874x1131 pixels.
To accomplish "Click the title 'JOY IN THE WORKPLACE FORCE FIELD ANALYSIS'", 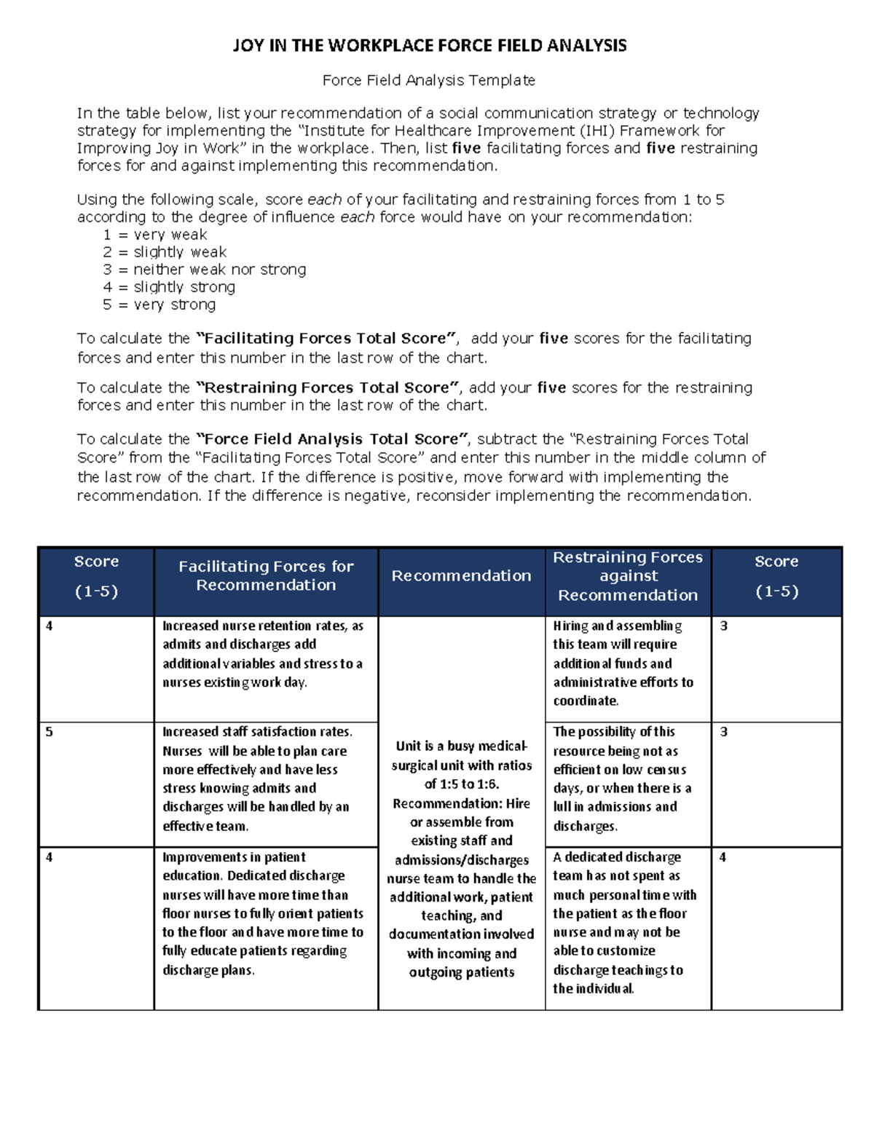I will pyautogui.click(x=429, y=46).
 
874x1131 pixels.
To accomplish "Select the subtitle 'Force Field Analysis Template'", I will pyautogui.click(x=428, y=80).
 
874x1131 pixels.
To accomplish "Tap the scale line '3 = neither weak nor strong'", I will pyautogui.click(x=204, y=269).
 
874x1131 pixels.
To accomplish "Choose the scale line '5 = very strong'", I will pyautogui.click(x=159, y=304).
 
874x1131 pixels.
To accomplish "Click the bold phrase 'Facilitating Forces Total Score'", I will pyautogui.click(x=327, y=339).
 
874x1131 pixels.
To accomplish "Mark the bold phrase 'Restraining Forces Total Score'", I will pyautogui.click(x=328, y=387).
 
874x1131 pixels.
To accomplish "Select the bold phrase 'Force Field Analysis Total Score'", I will pyautogui.click(x=333, y=439).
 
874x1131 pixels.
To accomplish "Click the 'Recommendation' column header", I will pyautogui.click(x=461, y=576).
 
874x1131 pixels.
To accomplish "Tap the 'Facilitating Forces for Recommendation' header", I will pyautogui.click(x=266, y=575).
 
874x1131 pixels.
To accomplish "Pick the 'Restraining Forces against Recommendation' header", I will pyautogui.click(x=628, y=576).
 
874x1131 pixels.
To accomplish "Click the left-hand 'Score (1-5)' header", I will pyautogui.click(x=96, y=576).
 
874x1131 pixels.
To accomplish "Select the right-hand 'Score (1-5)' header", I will pyautogui.click(x=776, y=576).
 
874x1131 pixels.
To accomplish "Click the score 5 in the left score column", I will pyautogui.click(x=50, y=732).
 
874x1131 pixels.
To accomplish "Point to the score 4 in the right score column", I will pyautogui.click(x=723, y=857).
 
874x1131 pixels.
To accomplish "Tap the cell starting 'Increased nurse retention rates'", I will pyautogui.click(x=262, y=654).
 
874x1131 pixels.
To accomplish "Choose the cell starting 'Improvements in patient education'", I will pyautogui.click(x=262, y=913).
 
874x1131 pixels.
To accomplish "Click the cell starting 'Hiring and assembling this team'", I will pyautogui.click(x=623, y=663).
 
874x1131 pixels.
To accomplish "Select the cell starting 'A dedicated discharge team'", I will pyautogui.click(x=624, y=922).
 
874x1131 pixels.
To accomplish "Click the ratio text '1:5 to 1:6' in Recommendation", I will pyautogui.click(x=462, y=784).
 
